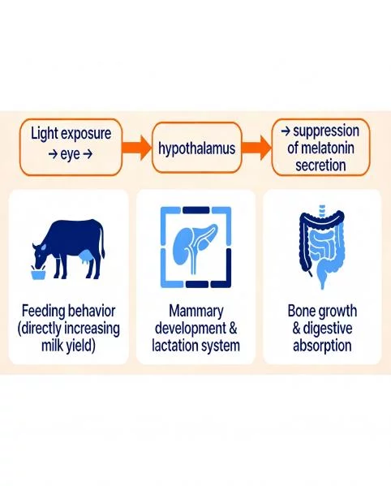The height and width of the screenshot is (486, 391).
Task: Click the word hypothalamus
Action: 195,148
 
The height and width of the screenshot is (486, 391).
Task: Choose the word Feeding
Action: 46,312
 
